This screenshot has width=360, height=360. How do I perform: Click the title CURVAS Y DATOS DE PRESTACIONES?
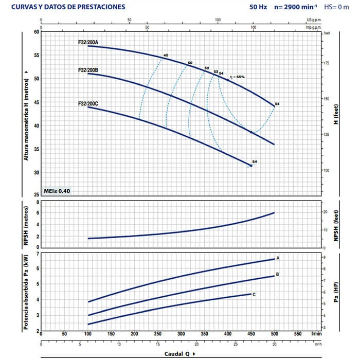click(67, 8)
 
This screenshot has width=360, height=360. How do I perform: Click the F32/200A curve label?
click(88, 41)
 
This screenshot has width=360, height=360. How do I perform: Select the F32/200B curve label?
click(88, 69)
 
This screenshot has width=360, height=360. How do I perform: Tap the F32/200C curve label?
click(88, 103)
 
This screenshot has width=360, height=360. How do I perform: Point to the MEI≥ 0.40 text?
click(57, 191)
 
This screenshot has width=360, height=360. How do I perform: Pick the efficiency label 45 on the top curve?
click(166, 55)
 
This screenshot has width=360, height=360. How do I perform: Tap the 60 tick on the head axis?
click(37, 32)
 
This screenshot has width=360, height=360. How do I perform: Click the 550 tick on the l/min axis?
click(298, 334)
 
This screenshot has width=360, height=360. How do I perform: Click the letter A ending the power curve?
click(278, 258)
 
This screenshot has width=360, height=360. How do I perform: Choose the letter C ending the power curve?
click(254, 294)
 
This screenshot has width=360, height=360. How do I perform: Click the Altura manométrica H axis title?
click(26, 113)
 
